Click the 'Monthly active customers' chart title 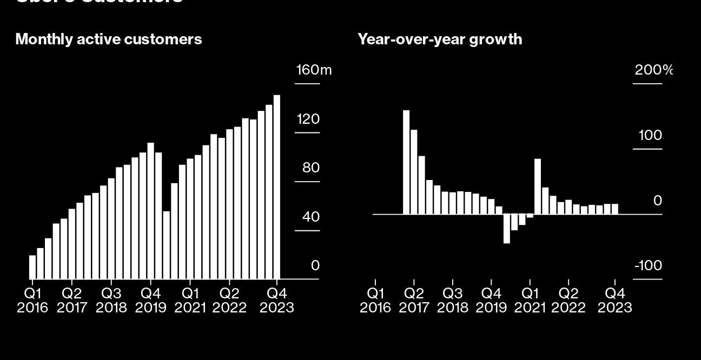pos(108,39)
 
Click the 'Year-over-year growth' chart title pos(440,39)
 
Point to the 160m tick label pos(314,70)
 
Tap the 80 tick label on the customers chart pos(311,168)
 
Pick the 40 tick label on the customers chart pos(311,217)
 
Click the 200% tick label pos(653,70)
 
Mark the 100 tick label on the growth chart pos(650,136)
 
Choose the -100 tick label pos(648,266)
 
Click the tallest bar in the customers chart pos(277,187)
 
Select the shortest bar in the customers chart pos(32,267)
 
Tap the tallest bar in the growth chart pos(406,162)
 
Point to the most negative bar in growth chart pos(507,229)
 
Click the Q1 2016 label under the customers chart pos(32,301)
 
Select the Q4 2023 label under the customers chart pos(277,301)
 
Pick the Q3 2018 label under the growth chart pos(452,301)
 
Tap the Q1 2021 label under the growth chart pos(530,301)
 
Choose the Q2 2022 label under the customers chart pos(229,301)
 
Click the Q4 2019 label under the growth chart pos(491,301)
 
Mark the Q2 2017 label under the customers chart pos(72,301)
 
